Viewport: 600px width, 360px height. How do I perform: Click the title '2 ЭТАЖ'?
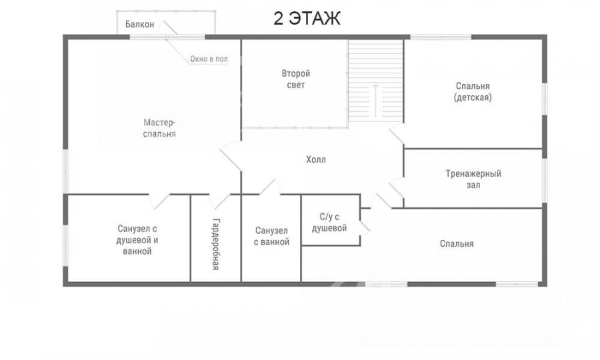pos(307,19)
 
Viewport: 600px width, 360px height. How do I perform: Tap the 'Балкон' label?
pos(140,25)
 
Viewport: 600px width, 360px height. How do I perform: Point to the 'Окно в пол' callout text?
pos(209,59)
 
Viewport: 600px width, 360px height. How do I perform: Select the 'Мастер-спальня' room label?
pos(159,128)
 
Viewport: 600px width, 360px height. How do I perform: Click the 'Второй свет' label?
pos(296,79)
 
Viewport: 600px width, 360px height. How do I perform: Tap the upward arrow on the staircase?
pos(376,101)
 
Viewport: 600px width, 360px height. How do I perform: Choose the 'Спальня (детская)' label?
pos(473,91)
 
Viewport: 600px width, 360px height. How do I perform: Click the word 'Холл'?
pos(316,159)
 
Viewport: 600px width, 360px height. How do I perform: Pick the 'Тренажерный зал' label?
pos(473,179)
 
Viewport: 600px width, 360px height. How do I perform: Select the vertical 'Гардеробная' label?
pos(216,244)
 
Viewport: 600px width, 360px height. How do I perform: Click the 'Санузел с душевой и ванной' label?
pos(137,240)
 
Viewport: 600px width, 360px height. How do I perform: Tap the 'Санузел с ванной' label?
pos(272,236)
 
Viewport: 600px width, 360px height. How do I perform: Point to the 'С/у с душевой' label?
pos(329,223)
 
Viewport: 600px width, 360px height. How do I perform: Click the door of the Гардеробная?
pos(219,201)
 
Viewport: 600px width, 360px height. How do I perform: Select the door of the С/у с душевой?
pos(365,227)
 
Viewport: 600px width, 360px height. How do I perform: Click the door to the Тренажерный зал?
pos(397,187)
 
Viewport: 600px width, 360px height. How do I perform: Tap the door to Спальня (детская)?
pos(397,134)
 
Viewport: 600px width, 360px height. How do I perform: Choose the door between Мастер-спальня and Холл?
pos(231,155)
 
